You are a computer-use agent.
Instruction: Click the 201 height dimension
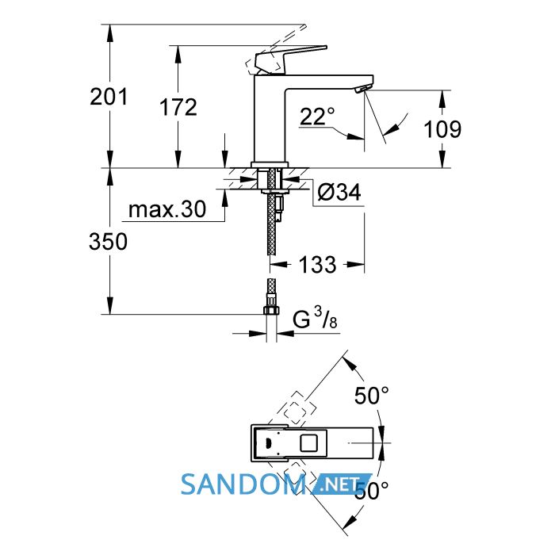(x=109, y=97)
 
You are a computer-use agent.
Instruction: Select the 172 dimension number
(x=178, y=107)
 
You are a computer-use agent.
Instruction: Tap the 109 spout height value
(x=442, y=128)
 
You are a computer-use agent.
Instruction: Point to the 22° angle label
(x=317, y=117)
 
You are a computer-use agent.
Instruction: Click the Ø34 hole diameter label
(x=339, y=192)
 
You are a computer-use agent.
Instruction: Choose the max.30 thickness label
(x=167, y=209)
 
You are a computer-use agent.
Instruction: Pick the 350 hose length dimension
(x=108, y=242)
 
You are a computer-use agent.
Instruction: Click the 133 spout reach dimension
(x=317, y=264)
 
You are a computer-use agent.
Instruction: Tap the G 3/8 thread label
(x=315, y=318)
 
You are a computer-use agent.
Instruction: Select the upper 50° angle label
(x=372, y=396)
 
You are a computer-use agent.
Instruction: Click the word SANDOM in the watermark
(x=243, y=484)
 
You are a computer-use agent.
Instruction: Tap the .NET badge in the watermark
(x=341, y=483)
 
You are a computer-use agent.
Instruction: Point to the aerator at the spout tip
(x=362, y=89)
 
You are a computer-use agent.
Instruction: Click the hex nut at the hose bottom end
(x=271, y=310)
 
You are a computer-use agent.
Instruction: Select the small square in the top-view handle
(x=308, y=442)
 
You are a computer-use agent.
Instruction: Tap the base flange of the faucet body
(x=270, y=165)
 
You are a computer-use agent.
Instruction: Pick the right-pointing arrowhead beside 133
(x=355, y=264)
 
